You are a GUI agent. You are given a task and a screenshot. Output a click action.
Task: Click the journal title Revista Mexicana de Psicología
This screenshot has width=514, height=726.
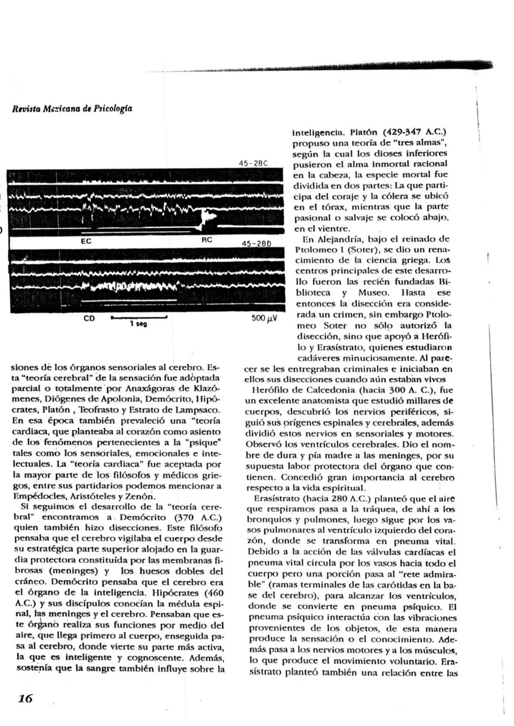[x=72, y=108]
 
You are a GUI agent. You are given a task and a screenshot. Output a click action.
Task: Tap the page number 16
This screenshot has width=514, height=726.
[x=25, y=698]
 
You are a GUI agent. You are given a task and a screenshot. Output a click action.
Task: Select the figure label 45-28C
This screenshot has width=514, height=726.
[x=253, y=163]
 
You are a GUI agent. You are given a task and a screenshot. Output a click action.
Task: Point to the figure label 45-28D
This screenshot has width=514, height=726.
[x=256, y=244]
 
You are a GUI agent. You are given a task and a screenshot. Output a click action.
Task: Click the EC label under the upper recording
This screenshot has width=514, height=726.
[x=86, y=241]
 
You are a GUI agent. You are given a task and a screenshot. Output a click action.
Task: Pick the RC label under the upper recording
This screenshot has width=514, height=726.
[x=207, y=240]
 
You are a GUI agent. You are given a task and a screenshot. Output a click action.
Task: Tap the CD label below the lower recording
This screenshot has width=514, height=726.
[x=89, y=318]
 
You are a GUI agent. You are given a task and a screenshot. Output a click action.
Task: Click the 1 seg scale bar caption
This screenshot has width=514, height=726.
[x=138, y=324]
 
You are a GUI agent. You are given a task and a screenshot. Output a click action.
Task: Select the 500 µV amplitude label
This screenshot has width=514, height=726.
[x=264, y=318]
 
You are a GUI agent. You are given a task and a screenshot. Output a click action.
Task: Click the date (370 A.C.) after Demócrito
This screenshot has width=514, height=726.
[x=198, y=517]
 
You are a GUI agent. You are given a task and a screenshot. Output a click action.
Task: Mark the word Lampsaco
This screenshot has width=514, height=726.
[x=199, y=410]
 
